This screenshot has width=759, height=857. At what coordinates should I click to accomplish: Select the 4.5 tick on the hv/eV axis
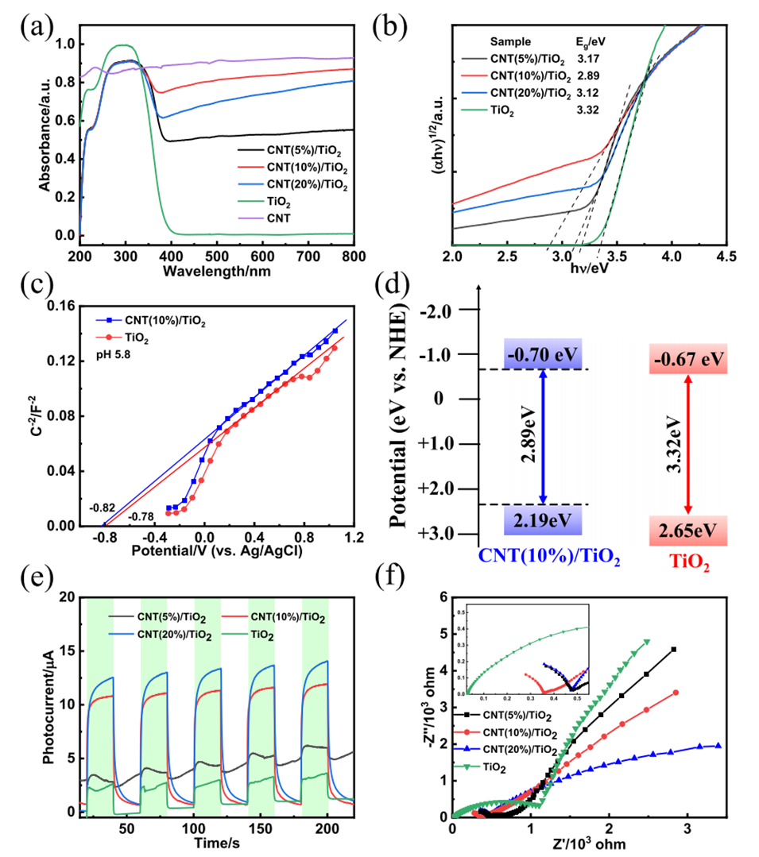pyautogui.click(x=725, y=257)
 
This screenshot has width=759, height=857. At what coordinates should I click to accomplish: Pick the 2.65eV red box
pyautogui.click(x=688, y=529)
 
